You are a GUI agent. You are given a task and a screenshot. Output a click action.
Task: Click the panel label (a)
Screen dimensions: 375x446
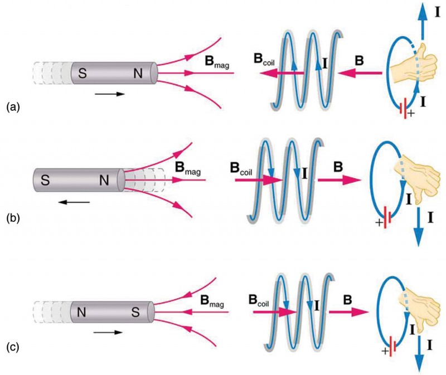[12, 105]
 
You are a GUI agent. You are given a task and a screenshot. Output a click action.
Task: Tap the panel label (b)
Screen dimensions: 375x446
[12, 218]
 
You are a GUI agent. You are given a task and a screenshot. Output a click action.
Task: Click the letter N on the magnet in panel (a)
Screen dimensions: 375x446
[139, 73]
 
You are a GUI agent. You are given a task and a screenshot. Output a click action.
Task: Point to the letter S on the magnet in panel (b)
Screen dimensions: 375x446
[45, 180]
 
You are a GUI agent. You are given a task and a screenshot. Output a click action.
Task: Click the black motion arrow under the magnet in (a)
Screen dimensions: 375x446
[109, 94]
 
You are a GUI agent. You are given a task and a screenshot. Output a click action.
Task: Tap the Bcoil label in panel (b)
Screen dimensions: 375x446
[241, 167]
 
